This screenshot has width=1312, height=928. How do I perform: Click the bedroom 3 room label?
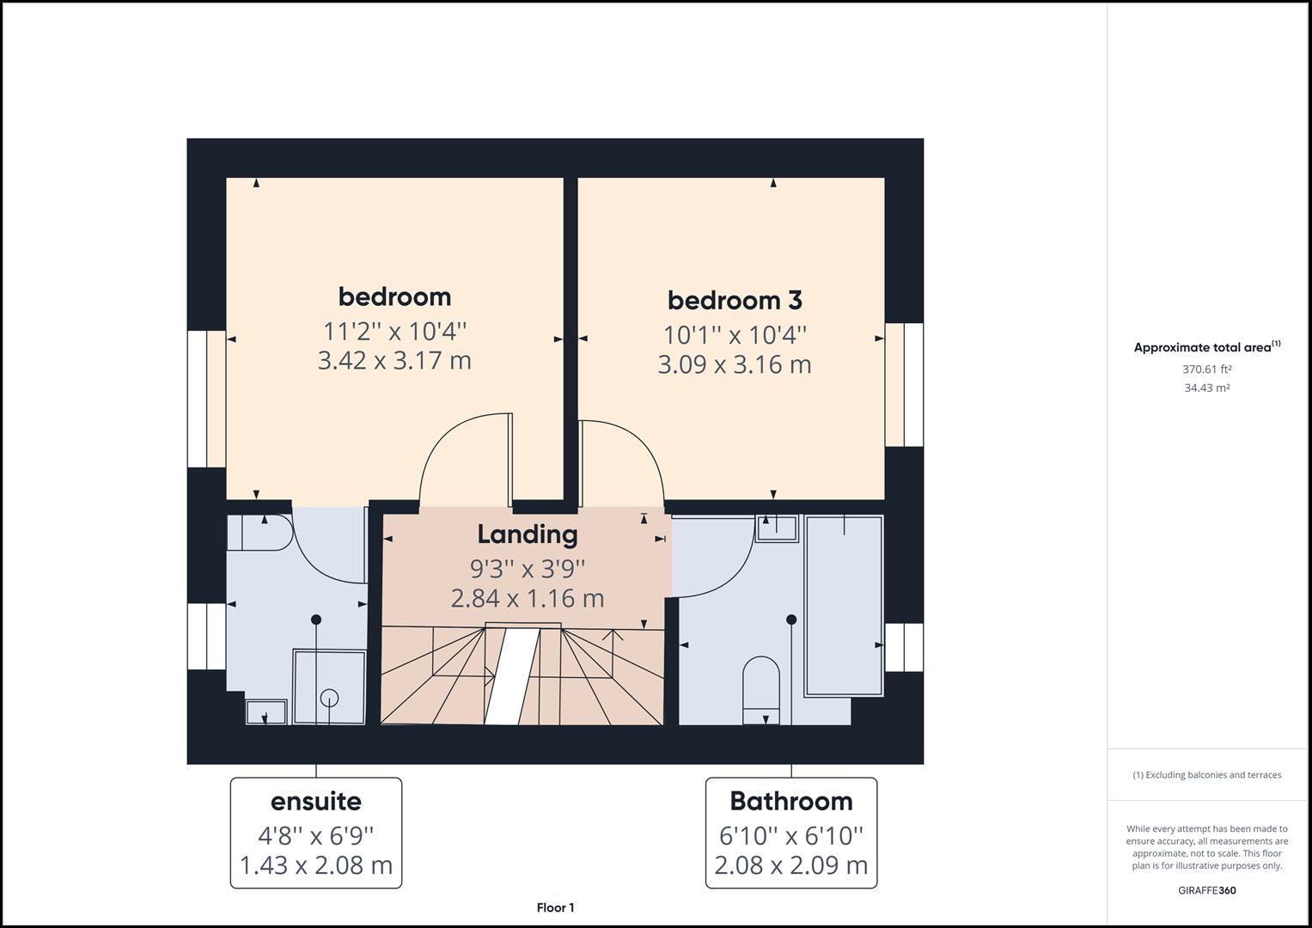click(735, 300)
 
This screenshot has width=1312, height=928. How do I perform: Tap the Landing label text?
click(527, 534)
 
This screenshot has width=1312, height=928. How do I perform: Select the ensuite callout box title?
click(315, 801)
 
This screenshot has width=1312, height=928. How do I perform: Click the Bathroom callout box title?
click(790, 801)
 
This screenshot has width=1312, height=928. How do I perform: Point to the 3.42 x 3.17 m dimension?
click(394, 360)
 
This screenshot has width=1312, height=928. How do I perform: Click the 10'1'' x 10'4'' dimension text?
click(735, 334)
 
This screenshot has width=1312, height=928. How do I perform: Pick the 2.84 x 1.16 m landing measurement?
click(527, 598)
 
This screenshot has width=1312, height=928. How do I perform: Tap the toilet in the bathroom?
click(760, 687)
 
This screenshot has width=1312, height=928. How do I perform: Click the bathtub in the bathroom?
click(844, 605)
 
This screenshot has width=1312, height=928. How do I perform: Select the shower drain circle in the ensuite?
click(329, 698)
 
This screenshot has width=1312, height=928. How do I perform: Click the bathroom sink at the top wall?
click(777, 527)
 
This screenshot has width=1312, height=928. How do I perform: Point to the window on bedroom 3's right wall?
click(904, 384)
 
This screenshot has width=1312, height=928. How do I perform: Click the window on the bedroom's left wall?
click(206, 399)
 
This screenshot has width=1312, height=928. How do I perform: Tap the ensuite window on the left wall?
click(206, 636)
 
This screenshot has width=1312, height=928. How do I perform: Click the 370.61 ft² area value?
click(1206, 369)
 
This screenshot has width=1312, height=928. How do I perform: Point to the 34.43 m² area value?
click(1206, 388)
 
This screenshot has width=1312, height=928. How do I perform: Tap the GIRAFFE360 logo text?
click(1206, 890)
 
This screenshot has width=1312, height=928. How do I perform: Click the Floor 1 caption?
click(555, 907)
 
